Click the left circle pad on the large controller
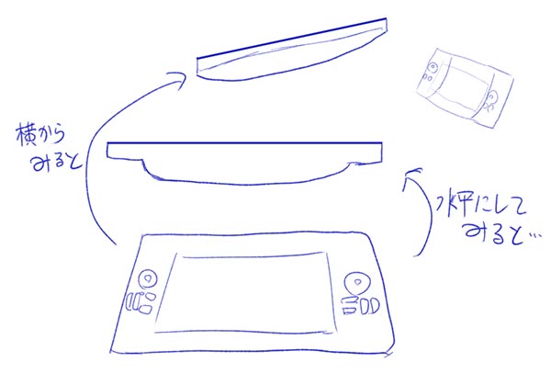click(x=148, y=279)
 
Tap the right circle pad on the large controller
click(x=358, y=283)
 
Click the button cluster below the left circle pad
click(x=141, y=303)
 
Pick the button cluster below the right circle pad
click(x=361, y=305)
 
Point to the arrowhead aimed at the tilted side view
click(x=177, y=80)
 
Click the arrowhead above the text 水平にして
click(x=411, y=176)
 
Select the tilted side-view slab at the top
click(x=292, y=50)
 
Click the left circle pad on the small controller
click(x=433, y=66)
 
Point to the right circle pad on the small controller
click(x=492, y=96)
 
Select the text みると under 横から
click(x=56, y=163)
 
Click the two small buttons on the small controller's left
click(x=428, y=76)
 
